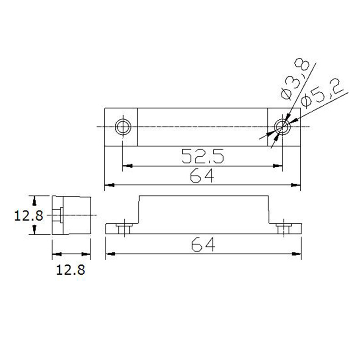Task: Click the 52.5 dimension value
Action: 202,156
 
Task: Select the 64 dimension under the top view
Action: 202,175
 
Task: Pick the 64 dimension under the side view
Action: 203,245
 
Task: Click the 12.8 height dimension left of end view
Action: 28,216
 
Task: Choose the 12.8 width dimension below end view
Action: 71,270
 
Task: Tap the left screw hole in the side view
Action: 124,229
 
